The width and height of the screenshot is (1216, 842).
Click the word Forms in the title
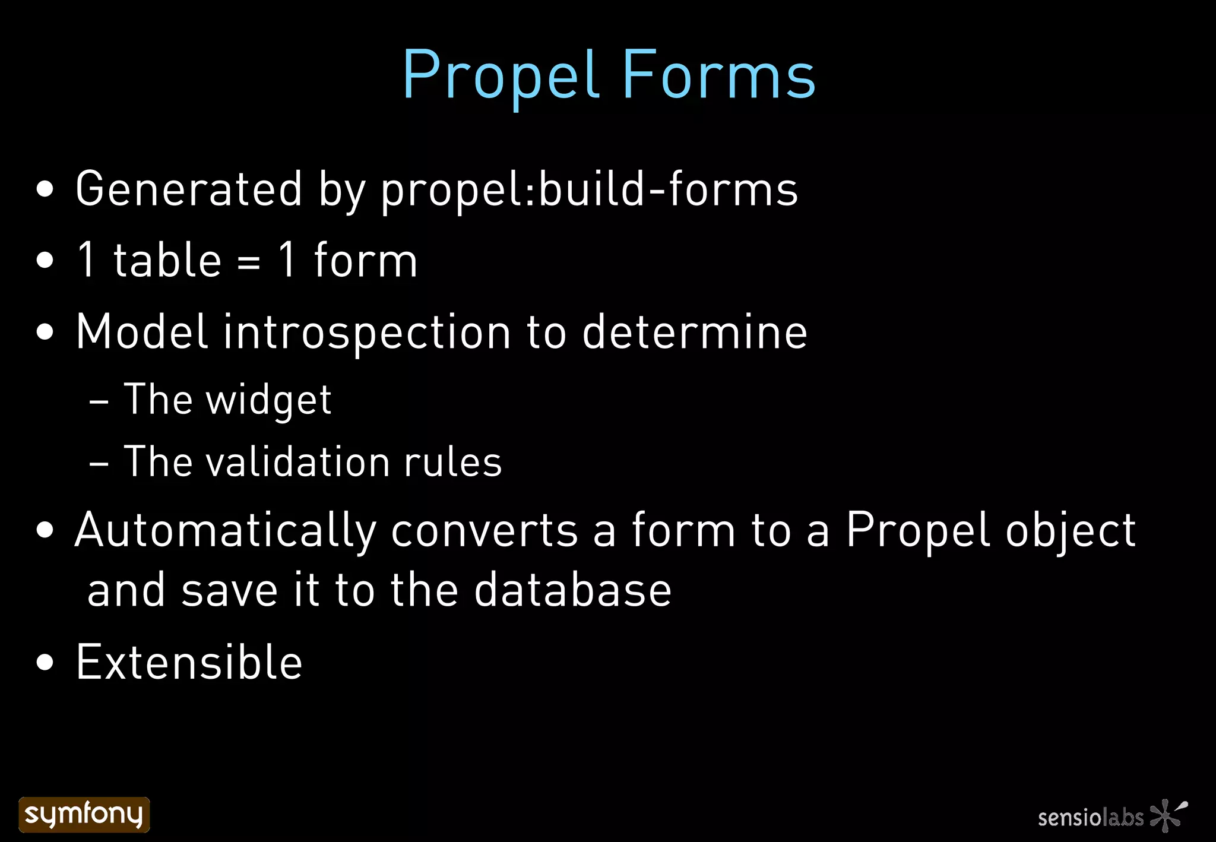coord(719,76)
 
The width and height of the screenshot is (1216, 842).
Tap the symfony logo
coord(84,814)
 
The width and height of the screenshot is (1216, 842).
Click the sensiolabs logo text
coord(1091,818)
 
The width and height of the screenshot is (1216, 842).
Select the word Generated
coord(189,189)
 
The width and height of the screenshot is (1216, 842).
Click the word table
coord(167,261)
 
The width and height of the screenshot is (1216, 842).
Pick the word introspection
coord(367,333)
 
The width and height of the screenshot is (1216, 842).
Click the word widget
coord(268,400)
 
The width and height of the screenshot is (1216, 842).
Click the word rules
coord(453,462)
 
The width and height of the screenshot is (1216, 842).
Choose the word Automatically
coord(226,531)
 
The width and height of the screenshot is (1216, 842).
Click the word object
coord(1071,531)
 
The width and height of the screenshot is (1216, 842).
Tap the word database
coord(572,590)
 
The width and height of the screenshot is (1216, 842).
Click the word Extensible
coord(189,662)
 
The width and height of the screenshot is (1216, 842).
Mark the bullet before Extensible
coord(45,662)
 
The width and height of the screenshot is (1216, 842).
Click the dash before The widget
coord(99,403)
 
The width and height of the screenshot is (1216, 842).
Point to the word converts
coord(484,531)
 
